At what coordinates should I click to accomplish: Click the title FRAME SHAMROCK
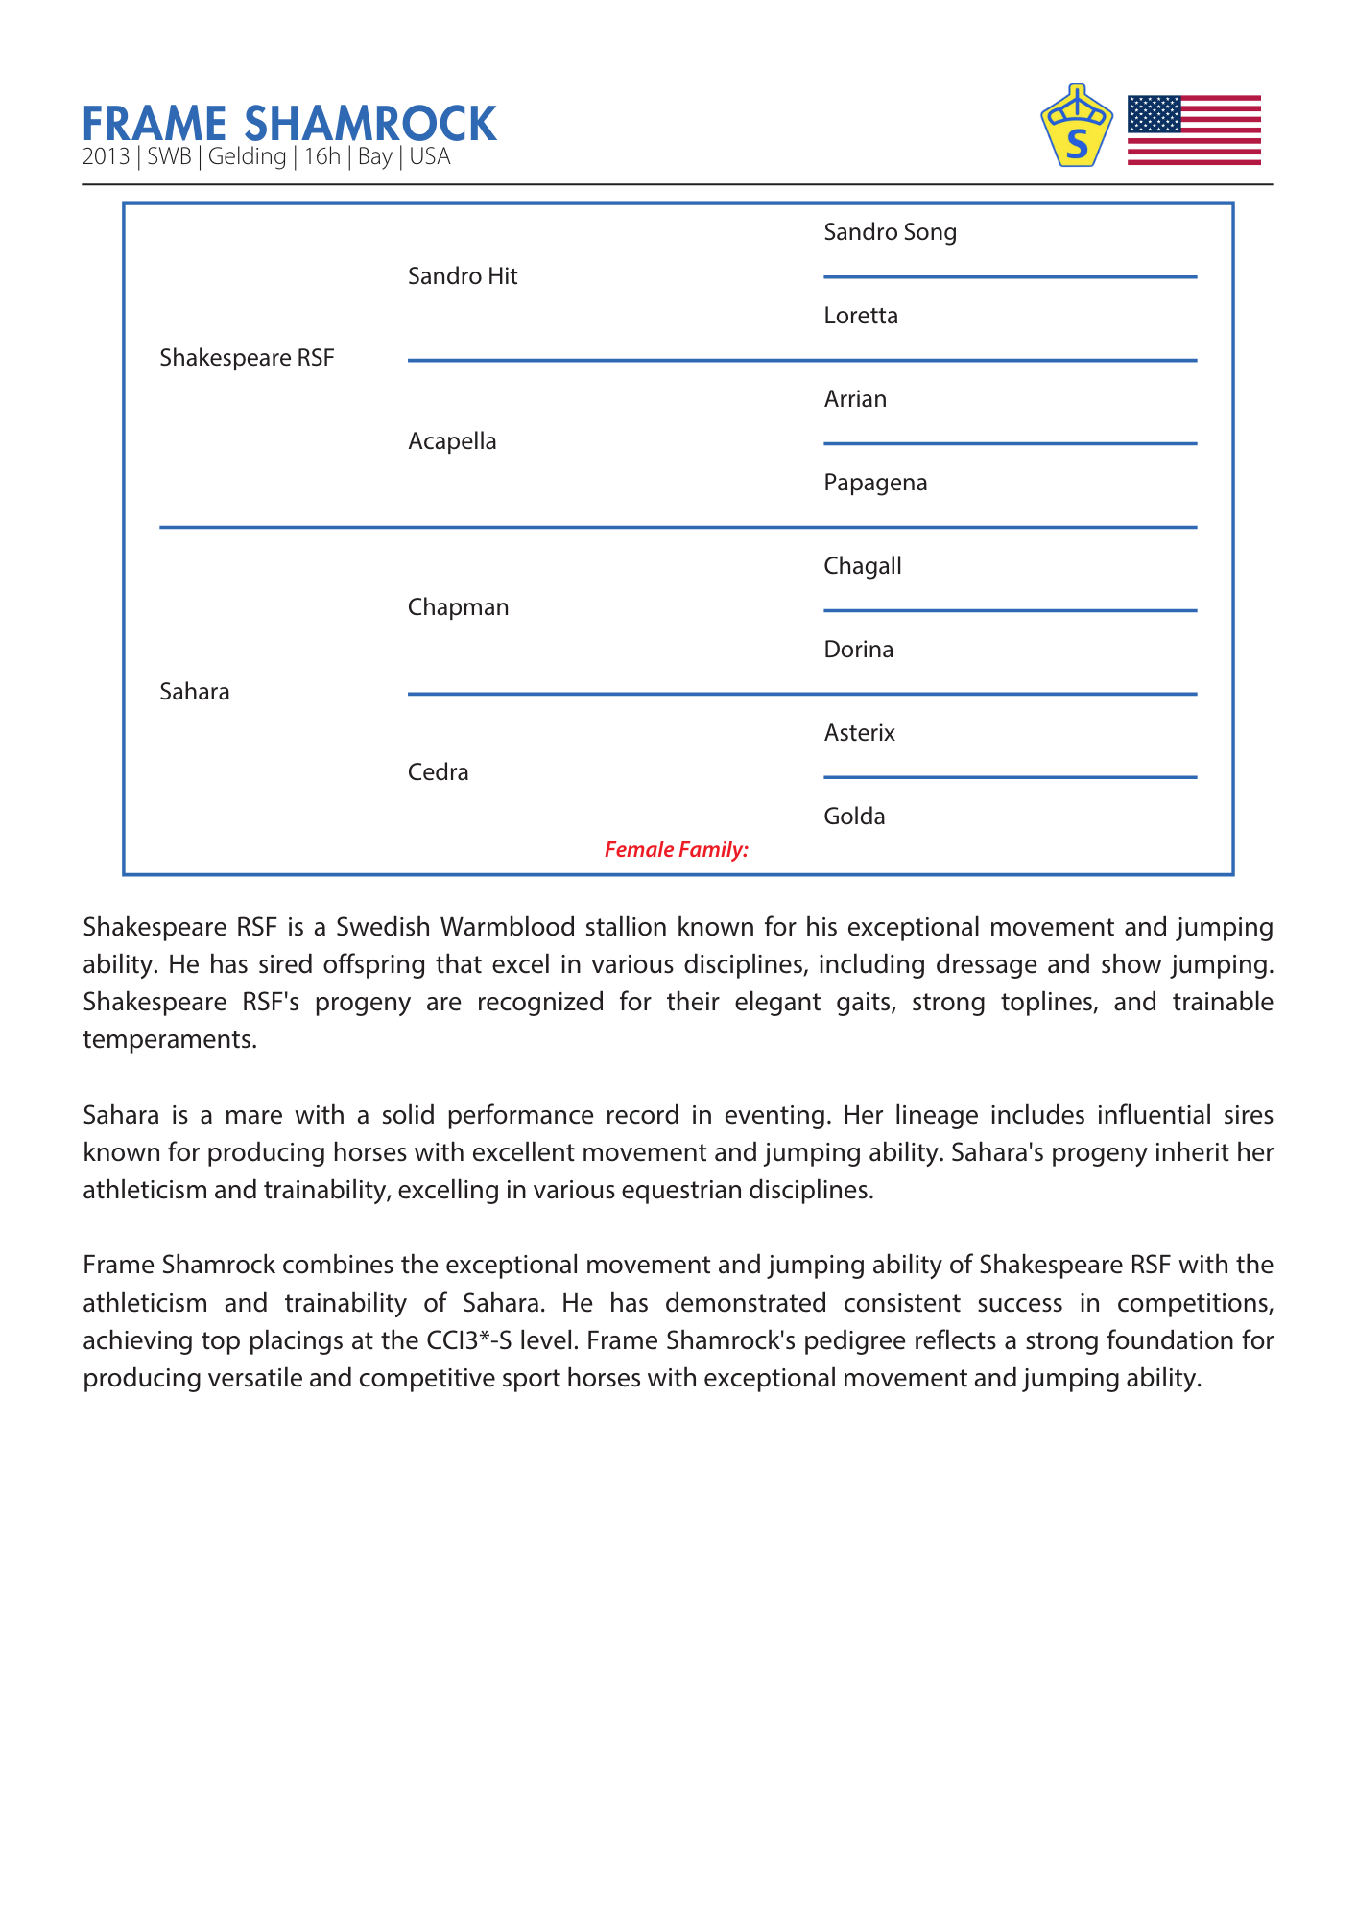pos(289,124)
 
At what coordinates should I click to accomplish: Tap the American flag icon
pos(1193,130)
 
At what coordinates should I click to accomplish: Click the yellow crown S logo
pos(1077,127)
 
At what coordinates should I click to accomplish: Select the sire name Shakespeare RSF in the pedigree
pos(247,358)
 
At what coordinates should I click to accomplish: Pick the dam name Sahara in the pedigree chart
pos(195,692)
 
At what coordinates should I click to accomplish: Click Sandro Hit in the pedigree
pos(463,276)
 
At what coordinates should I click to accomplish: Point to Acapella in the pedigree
pos(452,441)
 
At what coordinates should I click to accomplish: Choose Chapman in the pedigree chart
pos(458,607)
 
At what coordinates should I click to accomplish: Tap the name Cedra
pos(438,772)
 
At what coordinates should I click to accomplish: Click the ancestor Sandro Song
pos(890,232)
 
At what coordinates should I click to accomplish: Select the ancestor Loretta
pos(861,316)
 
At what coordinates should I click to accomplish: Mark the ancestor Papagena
pos(875,483)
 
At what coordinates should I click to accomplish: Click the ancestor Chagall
pos(863,566)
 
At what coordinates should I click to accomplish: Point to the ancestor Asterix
pos(859,733)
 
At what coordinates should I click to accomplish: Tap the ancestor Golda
pos(854,817)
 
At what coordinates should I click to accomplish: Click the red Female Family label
pos(676,849)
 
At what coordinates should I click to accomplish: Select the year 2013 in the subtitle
pos(106,156)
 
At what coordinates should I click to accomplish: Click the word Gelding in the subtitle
pos(247,156)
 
